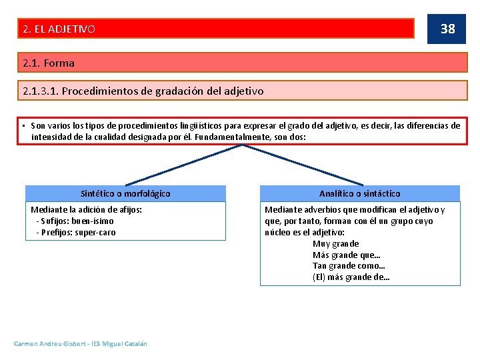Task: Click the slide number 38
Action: click(x=447, y=28)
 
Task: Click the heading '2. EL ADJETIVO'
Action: click(x=59, y=29)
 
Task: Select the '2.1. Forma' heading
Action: click(x=48, y=63)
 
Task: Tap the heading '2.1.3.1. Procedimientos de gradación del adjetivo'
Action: click(x=143, y=91)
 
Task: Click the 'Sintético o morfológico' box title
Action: click(x=125, y=193)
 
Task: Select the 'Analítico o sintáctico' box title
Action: click(x=359, y=193)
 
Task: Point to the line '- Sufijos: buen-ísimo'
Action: click(x=75, y=221)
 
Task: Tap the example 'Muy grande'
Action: click(x=335, y=243)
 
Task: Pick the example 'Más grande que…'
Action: click(x=346, y=255)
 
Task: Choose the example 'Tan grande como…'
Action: click(x=349, y=266)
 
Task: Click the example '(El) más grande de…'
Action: click(x=351, y=277)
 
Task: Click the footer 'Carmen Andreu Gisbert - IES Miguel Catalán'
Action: click(x=81, y=343)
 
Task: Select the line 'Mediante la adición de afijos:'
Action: click(x=86, y=209)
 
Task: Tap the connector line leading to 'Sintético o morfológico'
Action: click(x=183, y=164)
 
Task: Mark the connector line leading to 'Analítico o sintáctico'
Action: click(x=303, y=165)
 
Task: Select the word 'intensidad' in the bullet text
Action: click(x=51, y=137)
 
